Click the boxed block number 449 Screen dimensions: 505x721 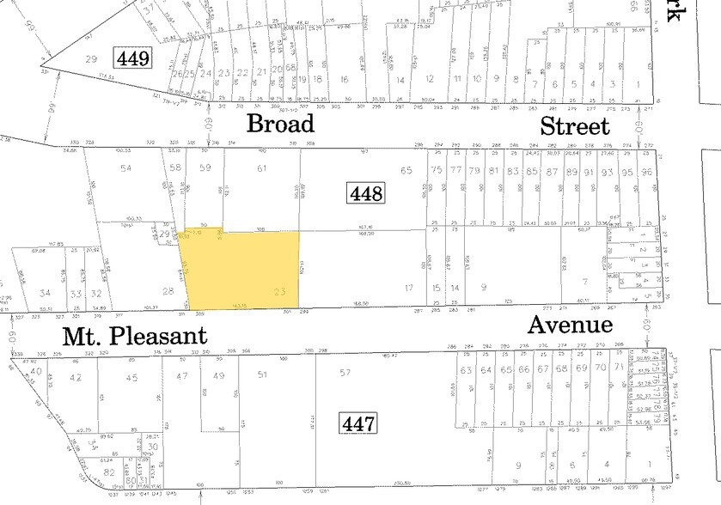point(135,59)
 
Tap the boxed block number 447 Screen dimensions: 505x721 point(357,423)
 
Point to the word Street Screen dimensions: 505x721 point(574,127)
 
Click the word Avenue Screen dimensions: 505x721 point(570,325)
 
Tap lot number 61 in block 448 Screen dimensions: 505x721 point(262,168)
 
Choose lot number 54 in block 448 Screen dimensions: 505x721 point(126,168)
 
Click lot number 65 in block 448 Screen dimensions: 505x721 point(406,171)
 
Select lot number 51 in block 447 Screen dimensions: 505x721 point(262,374)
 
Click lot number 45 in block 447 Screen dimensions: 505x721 point(131,377)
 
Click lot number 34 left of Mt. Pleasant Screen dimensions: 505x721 point(45,294)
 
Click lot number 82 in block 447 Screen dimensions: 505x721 point(108,472)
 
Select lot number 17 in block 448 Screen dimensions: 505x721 point(409,288)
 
